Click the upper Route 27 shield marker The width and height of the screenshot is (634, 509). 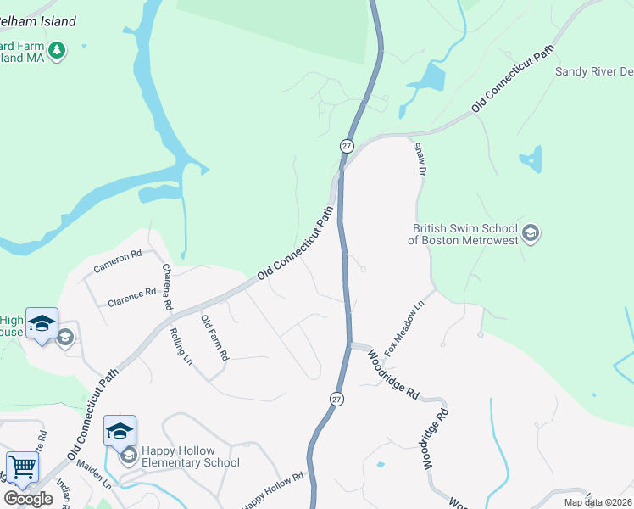pos(347,146)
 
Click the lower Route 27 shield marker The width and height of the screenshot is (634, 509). pos(336,398)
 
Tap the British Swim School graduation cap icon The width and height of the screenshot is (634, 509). pos(531,233)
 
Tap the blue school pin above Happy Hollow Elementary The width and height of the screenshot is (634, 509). pos(120,430)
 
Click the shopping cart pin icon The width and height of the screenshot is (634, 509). pos(22,467)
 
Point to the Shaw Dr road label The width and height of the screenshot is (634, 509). pos(419,159)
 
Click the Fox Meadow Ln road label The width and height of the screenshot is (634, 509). pos(403,327)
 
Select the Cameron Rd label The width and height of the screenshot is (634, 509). pos(117,260)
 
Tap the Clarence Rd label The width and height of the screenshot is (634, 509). pos(131,296)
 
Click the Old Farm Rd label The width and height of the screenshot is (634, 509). pos(214,338)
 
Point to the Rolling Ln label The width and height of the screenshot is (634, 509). pos(181,345)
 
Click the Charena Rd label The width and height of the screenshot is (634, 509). pos(167,286)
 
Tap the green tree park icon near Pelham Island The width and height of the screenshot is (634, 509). pos(57,51)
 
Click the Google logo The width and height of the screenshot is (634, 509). pos(28,498)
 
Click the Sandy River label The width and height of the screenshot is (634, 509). pos(593,71)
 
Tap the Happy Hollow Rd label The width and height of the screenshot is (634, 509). pos(273,491)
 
